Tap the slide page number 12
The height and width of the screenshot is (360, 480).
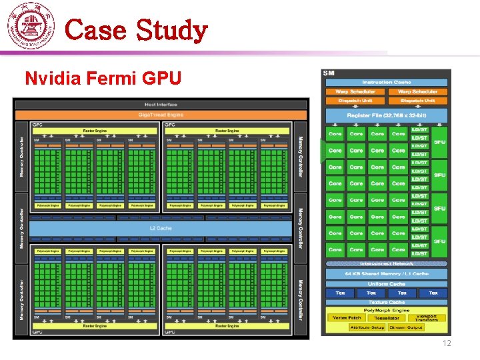(x=446, y=343)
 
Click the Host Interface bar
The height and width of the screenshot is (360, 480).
(x=161, y=105)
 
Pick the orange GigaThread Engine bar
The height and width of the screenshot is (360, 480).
(x=161, y=115)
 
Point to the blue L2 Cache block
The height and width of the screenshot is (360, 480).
(x=160, y=229)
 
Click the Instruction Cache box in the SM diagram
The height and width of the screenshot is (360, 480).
(x=387, y=82)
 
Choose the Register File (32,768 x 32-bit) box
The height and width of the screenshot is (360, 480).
(x=387, y=115)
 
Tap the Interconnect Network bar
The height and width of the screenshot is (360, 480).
(x=387, y=264)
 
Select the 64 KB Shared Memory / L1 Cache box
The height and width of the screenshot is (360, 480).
(x=387, y=274)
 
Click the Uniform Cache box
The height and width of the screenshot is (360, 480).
(x=387, y=284)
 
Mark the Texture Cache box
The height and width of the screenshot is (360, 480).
(x=387, y=302)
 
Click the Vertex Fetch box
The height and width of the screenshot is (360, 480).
(x=347, y=318)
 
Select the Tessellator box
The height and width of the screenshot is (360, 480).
(x=387, y=318)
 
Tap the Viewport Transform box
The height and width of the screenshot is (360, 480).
(x=427, y=318)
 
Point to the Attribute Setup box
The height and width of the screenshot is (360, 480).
(x=368, y=327)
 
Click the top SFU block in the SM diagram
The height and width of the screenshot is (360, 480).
(x=439, y=142)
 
